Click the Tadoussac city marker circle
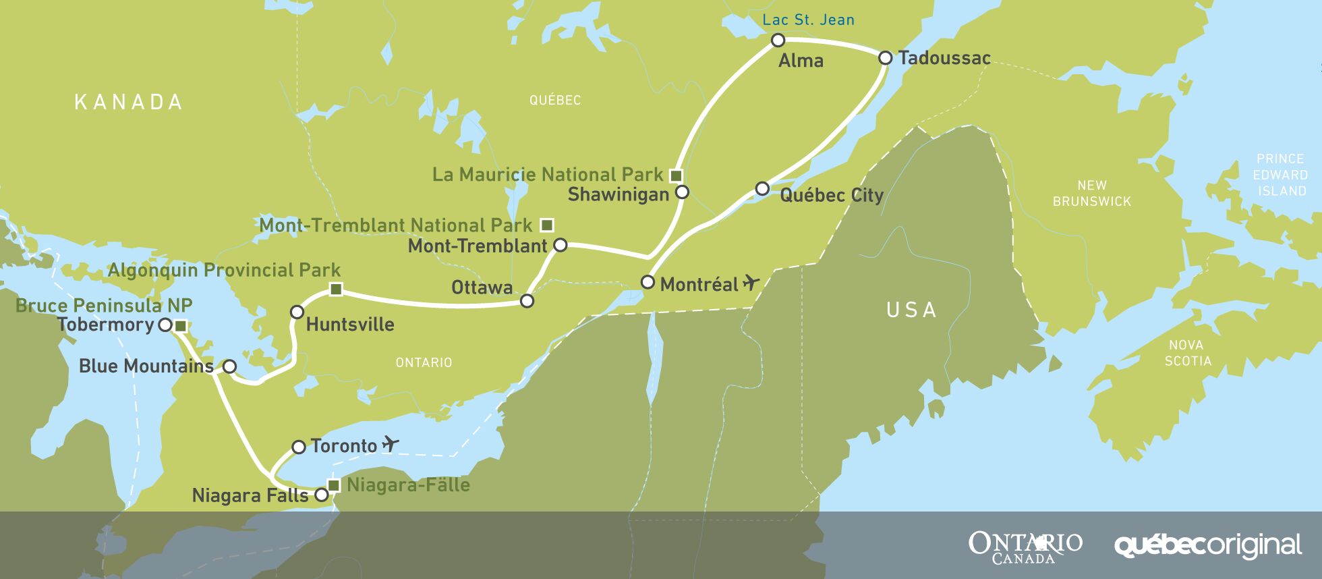886,58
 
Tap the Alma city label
801,61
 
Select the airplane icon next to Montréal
751,283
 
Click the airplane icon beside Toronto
390,444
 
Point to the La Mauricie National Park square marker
676,175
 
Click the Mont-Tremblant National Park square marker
547,225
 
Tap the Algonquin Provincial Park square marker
336,289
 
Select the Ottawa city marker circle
527,301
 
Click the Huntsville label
350,325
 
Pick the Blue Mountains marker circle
229,366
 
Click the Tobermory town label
106,325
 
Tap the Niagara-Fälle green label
407,485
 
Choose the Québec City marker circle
762,188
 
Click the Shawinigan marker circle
682,192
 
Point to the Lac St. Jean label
808,20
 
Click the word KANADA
128,102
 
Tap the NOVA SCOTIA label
1188,353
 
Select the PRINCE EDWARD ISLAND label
1280,175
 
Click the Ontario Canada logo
1025,547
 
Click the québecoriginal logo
1207,545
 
